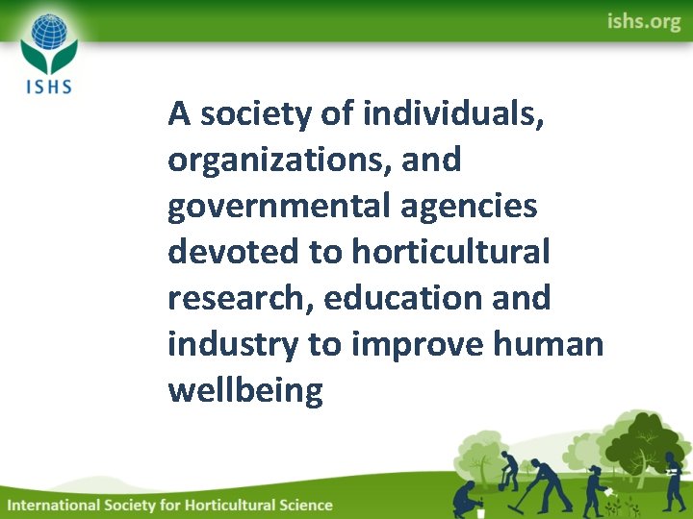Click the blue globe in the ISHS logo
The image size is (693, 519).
(x=48, y=36)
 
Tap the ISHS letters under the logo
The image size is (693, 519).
(x=48, y=85)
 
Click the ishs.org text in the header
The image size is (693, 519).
(x=643, y=21)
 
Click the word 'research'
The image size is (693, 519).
(x=240, y=298)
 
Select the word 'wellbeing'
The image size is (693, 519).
(x=245, y=390)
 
